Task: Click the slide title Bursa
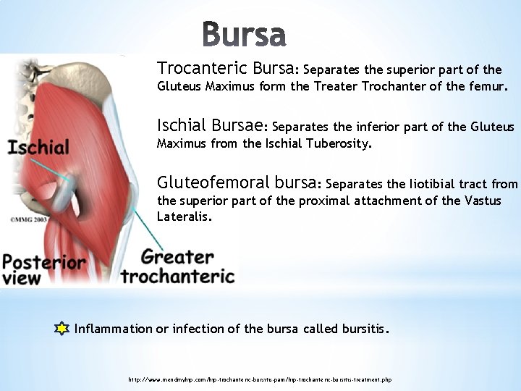pos(244,34)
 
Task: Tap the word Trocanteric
pos(203,69)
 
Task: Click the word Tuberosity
pos(336,143)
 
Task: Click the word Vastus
pos(481,201)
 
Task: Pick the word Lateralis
pos(185,216)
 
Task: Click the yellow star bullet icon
pos(62,329)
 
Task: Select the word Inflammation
pos(114,329)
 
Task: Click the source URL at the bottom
pos(260,379)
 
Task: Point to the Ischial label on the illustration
pos(39,148)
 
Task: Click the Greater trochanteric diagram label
pos(178,266)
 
